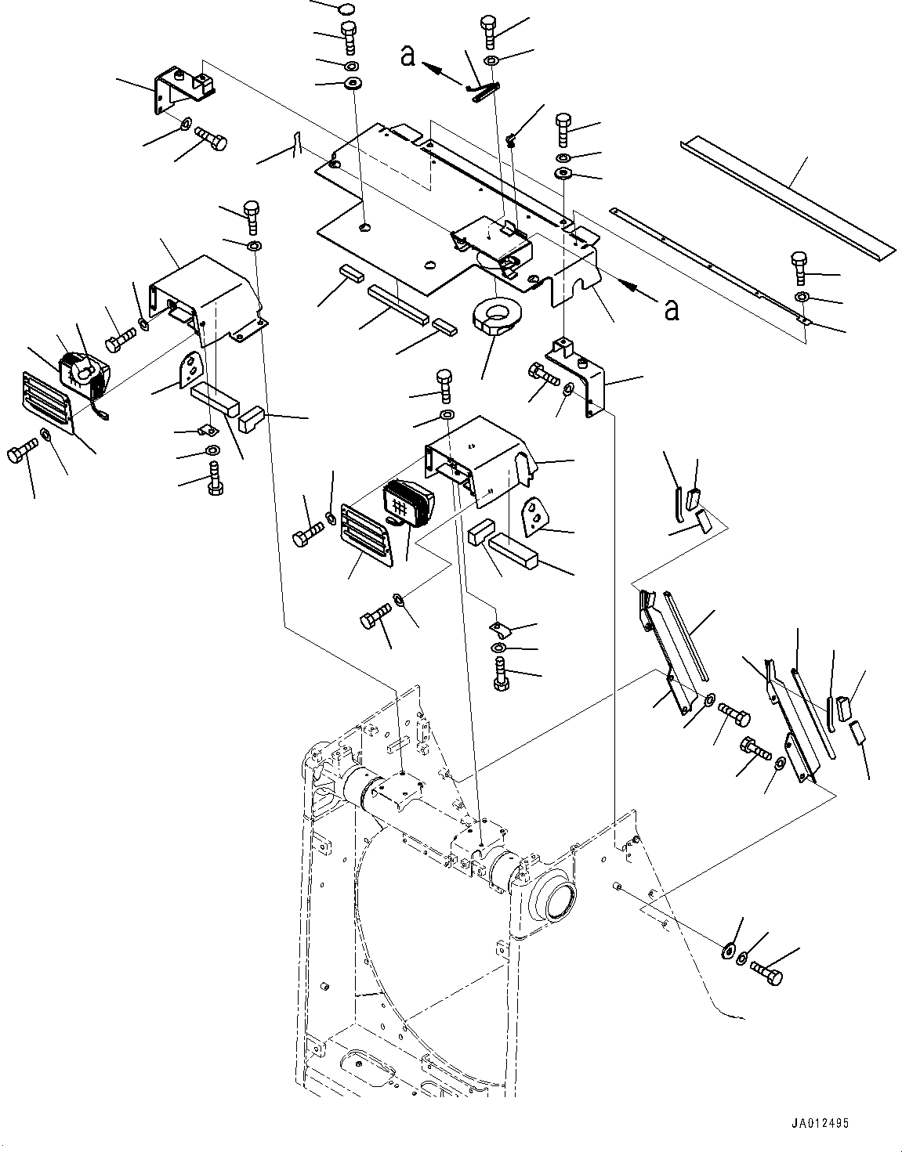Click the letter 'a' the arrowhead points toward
pyautogui.click(x=408, y=56)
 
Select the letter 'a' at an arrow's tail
pyautogui.click(x=672, y=309)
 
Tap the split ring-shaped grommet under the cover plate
pyautogui.click(x=496, y=317)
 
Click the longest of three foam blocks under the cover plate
pyautogui.click(x=398, y=306)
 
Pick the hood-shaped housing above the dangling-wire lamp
pyautogui.click(x=207, y=300)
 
